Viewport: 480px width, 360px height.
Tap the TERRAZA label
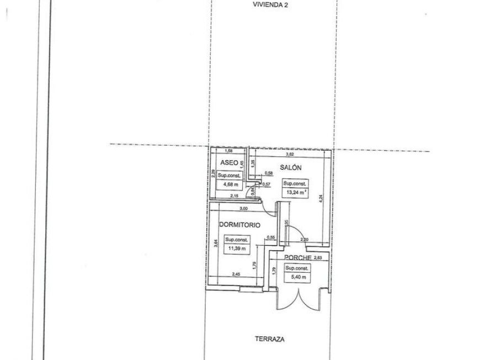(x=269, y=340)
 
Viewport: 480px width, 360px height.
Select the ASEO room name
(x=229, y=163)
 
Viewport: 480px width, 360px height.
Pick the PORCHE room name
(x=297, y=258)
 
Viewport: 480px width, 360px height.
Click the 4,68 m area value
(x=228, y=184)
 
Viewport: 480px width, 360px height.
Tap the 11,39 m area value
(x=236, y=248)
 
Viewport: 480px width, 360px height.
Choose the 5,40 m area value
(x=296, y=276)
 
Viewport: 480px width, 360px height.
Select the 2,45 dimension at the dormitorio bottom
(x=236, y=274)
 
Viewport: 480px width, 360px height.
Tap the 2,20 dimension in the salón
(x=304, y=240)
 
